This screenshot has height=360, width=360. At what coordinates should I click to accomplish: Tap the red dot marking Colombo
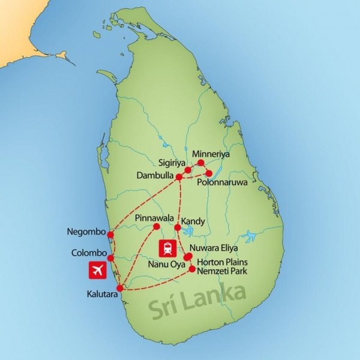point(110,257)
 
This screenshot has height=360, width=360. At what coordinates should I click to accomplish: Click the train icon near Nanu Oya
point(167,248)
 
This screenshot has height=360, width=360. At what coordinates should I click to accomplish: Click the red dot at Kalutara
point(119,288)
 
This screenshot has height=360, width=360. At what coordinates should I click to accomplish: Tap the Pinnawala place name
point(155,217)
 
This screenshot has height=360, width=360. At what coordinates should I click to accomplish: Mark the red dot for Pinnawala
point(156,226)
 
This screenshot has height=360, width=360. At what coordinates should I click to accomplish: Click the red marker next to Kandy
point(178,227)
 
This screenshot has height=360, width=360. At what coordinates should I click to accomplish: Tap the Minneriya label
point(209,154)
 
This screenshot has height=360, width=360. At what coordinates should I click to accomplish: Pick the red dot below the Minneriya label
point(201,163)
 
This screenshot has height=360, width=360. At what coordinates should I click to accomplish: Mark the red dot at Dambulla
point(178,177)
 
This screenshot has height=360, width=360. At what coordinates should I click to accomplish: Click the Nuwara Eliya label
point(214,247)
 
